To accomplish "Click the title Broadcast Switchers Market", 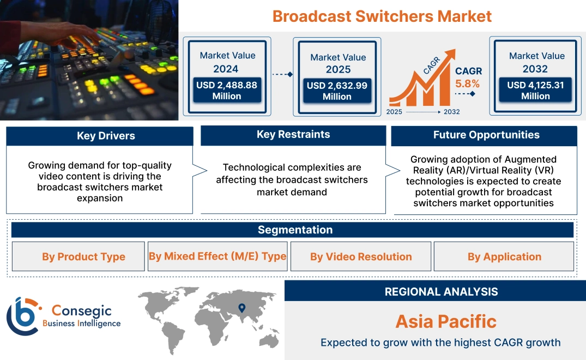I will click(x=382, y=16).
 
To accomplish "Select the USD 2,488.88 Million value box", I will click(x=226, y=91).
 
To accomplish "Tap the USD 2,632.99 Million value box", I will click(x=337, y=91).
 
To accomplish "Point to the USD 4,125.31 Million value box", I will click(x=535, y=91).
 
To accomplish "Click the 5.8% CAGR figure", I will click(x=467, y=83).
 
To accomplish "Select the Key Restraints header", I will click(x=293, y=135).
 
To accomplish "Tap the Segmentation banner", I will click(x=295, y=230).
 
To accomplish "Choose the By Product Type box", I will click(x=83, y=257).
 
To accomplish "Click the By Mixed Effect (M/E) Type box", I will click(x=218, y=256).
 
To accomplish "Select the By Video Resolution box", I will click(x=361, y=257).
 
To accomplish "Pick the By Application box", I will click(x=504, y=257).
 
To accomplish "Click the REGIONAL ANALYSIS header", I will click(x=441, y=291).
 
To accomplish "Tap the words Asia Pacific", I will click(x=446, y=321).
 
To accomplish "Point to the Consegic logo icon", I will click(x=23, y=316).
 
